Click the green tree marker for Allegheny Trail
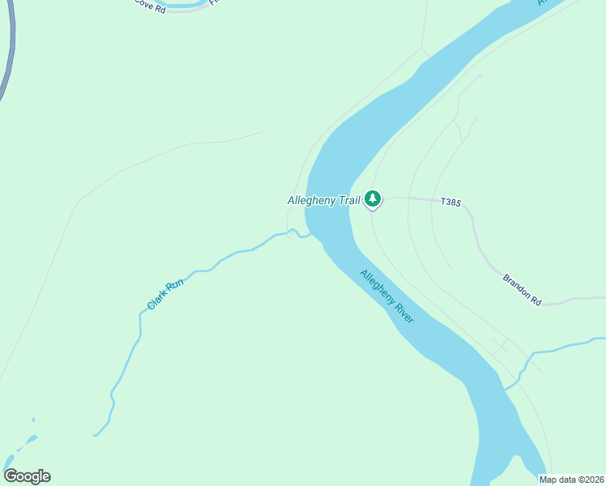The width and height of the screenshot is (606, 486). (x=373, y=198)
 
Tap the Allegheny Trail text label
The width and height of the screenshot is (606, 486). (x=323, y=200)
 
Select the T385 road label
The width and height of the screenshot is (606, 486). (x=450, y=202)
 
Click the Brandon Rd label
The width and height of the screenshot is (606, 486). (x=522, y=289)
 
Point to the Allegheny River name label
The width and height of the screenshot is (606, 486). (x=386, y=296)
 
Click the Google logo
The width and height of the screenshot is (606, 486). (x=27, y=476)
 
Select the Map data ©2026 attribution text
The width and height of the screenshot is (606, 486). (x=572, y=480)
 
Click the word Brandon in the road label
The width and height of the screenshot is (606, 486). (x=516, y=285)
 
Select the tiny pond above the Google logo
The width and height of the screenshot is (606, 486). (x=33, y=420)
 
